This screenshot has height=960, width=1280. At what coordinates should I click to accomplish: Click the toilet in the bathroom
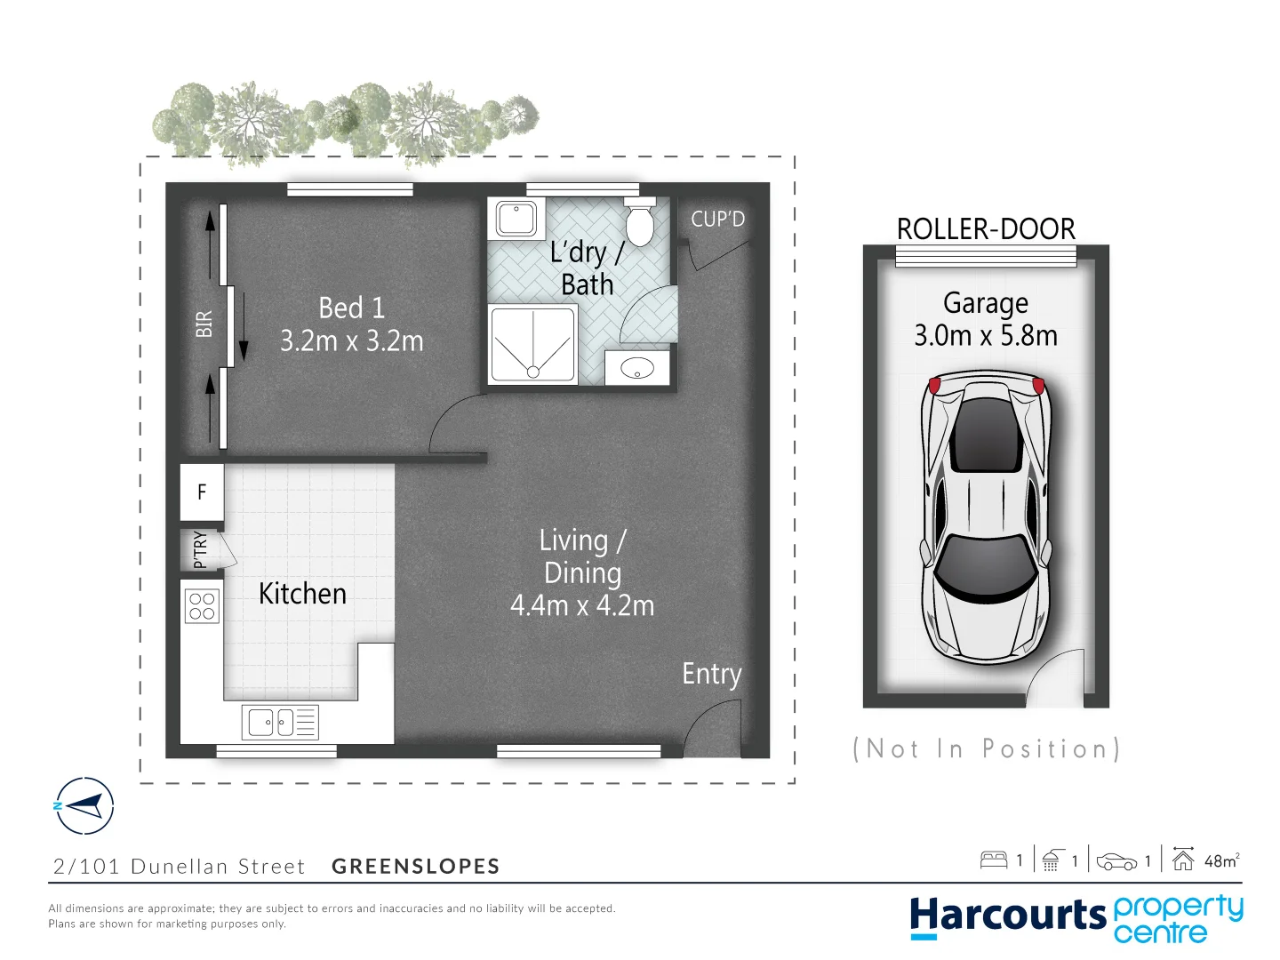coord(639,222)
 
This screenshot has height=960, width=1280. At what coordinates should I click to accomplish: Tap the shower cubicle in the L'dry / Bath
coord(532,345)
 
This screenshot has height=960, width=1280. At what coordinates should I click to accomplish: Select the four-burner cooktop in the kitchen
coord(202,606)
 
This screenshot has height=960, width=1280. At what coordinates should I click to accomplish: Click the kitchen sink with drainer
coord(279,722)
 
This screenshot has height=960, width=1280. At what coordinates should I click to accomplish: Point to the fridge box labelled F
coord(202,492)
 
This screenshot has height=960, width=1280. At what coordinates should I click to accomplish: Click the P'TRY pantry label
coord(200,549)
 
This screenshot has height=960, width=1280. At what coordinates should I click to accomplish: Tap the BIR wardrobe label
coord(204,324)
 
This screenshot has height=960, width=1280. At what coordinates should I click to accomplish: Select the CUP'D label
coord(717,219)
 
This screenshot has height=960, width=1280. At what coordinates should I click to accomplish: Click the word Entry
coord(711,675)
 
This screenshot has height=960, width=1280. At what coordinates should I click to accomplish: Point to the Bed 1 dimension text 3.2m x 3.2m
coord(351,341)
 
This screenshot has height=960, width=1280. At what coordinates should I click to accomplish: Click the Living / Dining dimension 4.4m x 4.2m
coord(582,606)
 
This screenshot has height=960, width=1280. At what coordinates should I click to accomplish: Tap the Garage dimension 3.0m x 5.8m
coord(986,336)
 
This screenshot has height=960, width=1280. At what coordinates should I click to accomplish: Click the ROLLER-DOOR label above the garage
coord(986,229)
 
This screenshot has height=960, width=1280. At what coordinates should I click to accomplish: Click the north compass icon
coord(84,806)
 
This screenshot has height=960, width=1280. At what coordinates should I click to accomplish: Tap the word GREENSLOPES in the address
coord(415,867)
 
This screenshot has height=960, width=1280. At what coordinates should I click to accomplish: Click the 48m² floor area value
coord(1221,860)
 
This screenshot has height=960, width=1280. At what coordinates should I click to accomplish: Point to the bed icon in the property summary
coord(993,860)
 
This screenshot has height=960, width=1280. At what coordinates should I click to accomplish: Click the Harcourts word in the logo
coord(1007,916)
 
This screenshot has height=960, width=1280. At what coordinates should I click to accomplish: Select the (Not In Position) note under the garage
coord(986,749)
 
